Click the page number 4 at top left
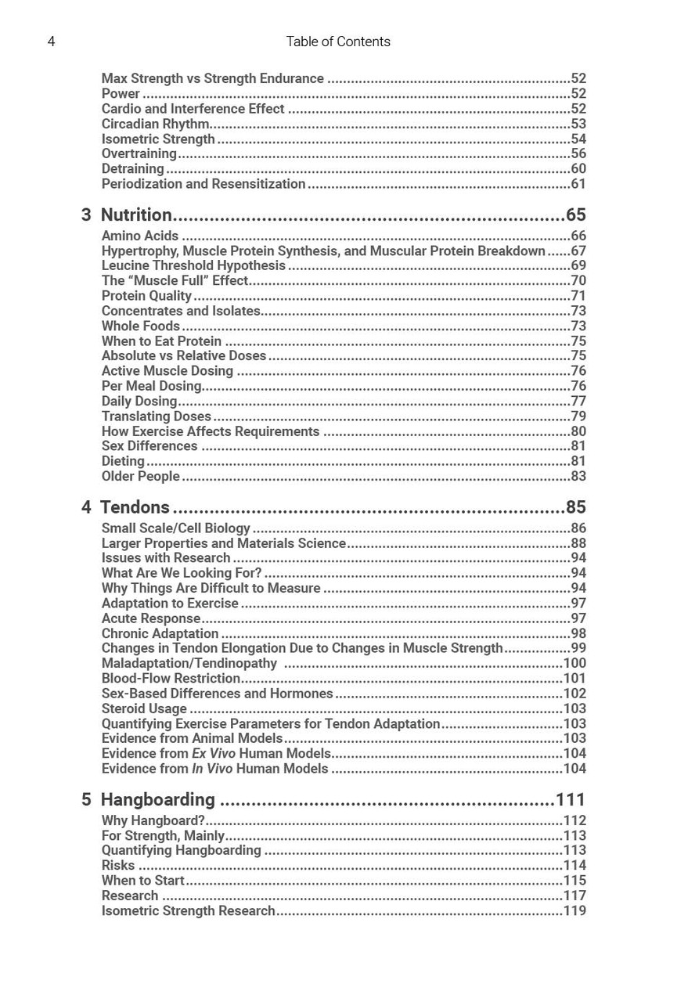[x=52, y=41]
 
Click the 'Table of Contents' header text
[x=338, y=41]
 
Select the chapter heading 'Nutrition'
[x=136, y=215]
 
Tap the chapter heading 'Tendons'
[x=135, y=507]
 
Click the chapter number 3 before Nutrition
[x=86, y=215]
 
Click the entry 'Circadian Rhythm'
[x=155, y=124]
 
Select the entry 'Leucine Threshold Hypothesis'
[x=193, y=265]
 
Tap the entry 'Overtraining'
[x=139, y=153]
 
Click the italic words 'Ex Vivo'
[x=213, y=753]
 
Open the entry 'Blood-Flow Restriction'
[x=171, y=678]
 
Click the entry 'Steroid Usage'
[x=144, y=708]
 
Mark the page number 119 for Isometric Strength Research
[x=574, y=910]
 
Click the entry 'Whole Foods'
[x=141, y=326]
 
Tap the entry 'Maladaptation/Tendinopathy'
[x=189, y=663]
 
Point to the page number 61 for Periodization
[x=578, y=184]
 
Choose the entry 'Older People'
[x=141, y=476]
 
